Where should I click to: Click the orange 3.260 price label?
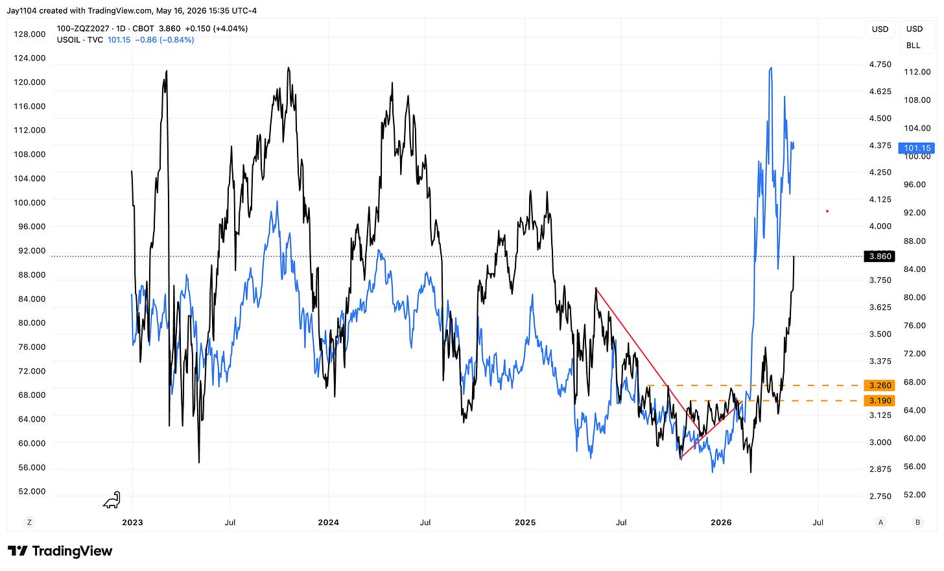(879, 385)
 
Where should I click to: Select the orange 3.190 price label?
(879, 400)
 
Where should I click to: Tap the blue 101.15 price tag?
(917, 148)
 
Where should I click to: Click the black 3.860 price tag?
(879, 256)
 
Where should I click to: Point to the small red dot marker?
(827, 212)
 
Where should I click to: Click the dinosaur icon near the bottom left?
(112, 500)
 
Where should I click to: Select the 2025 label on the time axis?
(525, 522)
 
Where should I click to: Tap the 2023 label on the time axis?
(132, 522)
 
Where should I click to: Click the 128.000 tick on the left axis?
(30, 34)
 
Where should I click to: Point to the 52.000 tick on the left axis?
(32, 491)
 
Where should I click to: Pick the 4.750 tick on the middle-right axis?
(880, 64)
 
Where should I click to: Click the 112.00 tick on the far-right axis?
(917, 72)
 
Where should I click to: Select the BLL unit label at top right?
(914, 45)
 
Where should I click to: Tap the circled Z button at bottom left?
(30, 522)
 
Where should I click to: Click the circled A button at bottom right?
(880, 522)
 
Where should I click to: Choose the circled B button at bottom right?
(917, 522)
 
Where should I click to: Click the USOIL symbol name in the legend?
(68, 40)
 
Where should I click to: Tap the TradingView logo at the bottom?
(60, 551)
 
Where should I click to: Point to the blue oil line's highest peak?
(771, 67)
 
